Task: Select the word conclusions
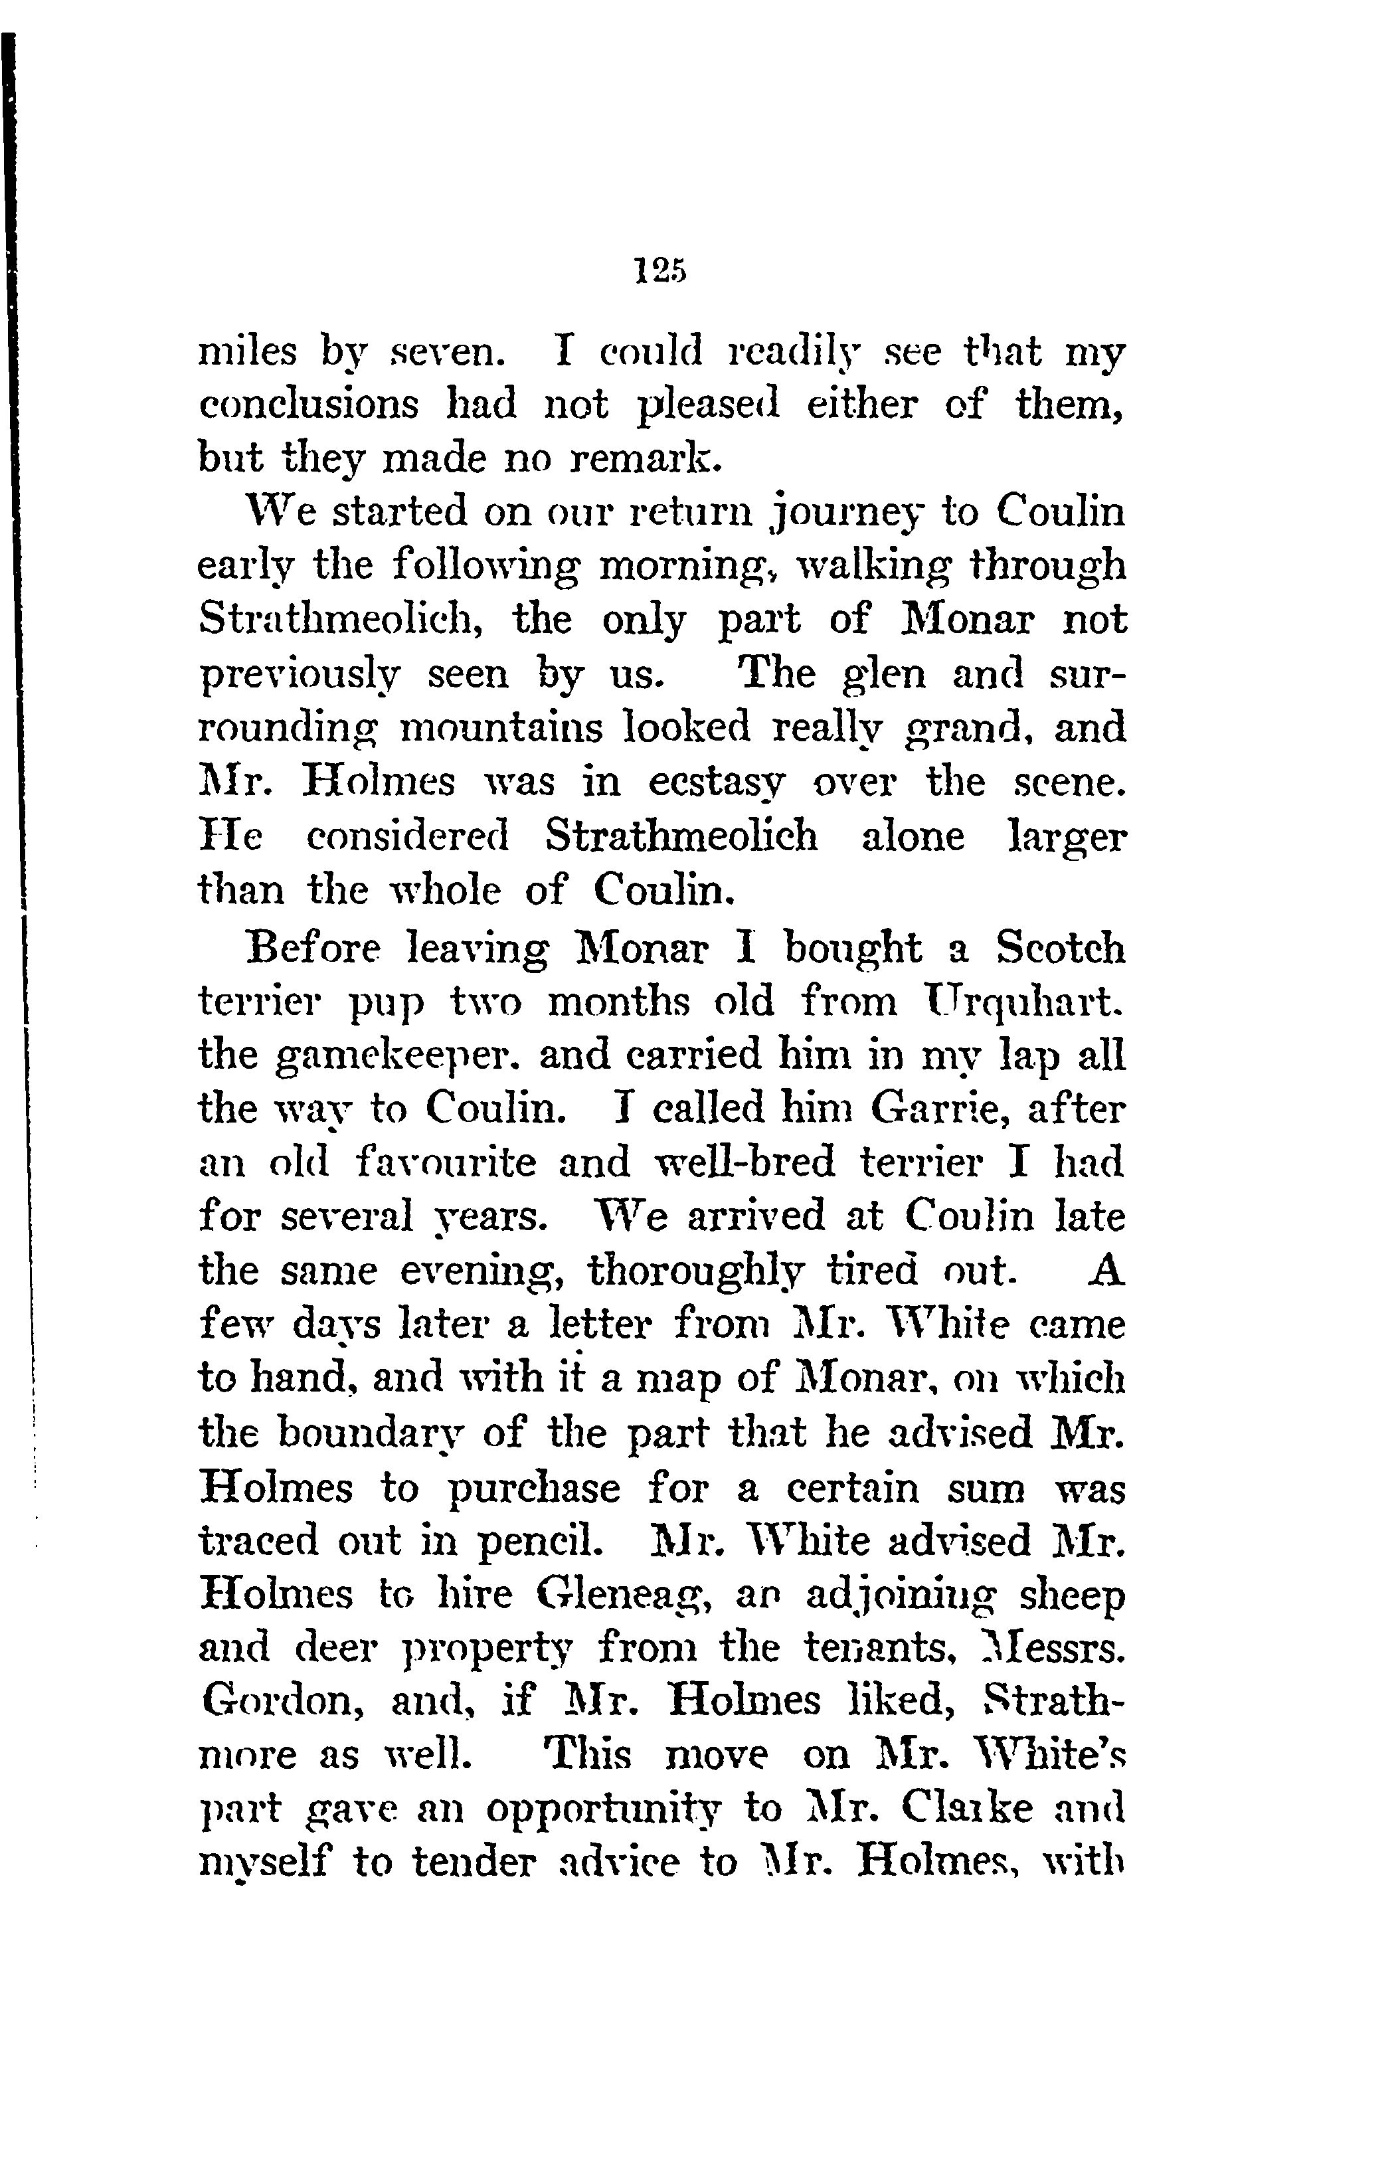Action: tap(309, 405)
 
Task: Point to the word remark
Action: tap(646, 459)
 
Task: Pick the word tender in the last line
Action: tap(470, 1863)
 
